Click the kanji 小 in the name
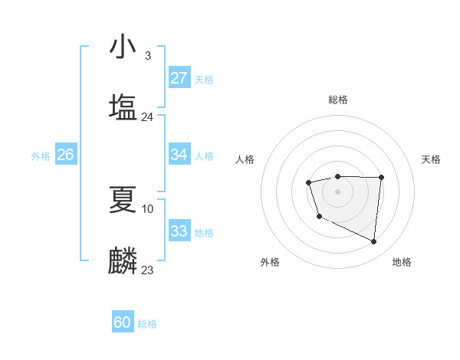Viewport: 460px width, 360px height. pos(123,47)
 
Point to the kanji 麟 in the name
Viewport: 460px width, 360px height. pos(123,260)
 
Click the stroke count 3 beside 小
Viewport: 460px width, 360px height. pos(147,56)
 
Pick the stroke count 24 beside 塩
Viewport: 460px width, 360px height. pos(147,117)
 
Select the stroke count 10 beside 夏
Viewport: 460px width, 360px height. pos(148,208)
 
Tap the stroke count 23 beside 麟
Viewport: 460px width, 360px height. pos(147,270)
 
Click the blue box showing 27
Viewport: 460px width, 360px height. pos(179,78)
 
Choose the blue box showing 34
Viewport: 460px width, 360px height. pos(179,155)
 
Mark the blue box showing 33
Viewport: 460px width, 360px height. pos(179,231)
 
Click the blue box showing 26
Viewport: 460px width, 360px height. pos(65,155)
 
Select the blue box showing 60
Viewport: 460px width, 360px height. pos(123,322)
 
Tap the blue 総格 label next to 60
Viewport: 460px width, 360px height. pos(147,324)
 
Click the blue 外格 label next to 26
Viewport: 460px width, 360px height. pos(41,156)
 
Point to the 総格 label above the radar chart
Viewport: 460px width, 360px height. pos(337,100)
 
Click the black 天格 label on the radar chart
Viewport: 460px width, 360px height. pos(431,159)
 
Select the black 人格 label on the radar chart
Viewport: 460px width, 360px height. pos(245,159)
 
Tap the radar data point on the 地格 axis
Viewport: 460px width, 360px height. pos(374,242)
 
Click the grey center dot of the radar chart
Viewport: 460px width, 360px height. pos(337,191)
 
